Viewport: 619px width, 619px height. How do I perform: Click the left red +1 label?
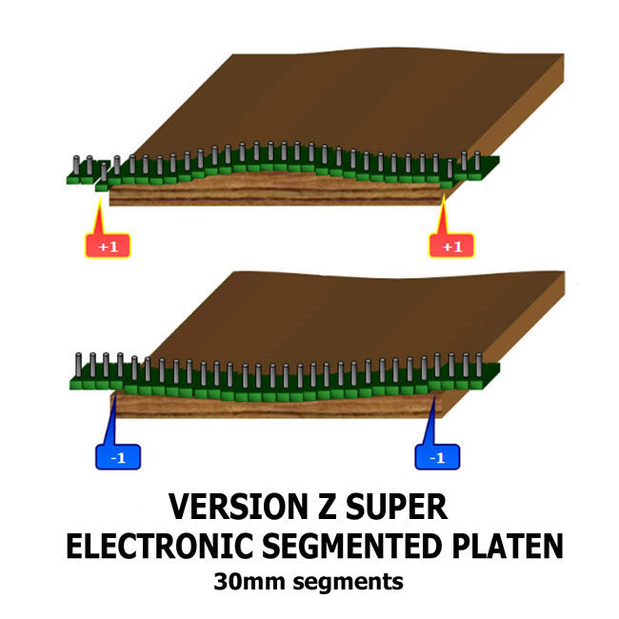pos(108,247)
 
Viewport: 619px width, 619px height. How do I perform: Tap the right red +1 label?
pos(451,247)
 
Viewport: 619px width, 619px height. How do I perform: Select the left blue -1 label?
pos(118,458)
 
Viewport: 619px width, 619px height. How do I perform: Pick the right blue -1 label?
pos(437,458)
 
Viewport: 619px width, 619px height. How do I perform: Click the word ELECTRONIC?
pos(157,547)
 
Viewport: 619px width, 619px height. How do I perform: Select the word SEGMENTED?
pos(352,547)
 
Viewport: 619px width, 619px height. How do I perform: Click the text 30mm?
pos(250,580)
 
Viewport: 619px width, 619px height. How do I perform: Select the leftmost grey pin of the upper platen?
pos(76,166)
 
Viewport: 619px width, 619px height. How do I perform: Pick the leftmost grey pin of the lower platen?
pos(77,363)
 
